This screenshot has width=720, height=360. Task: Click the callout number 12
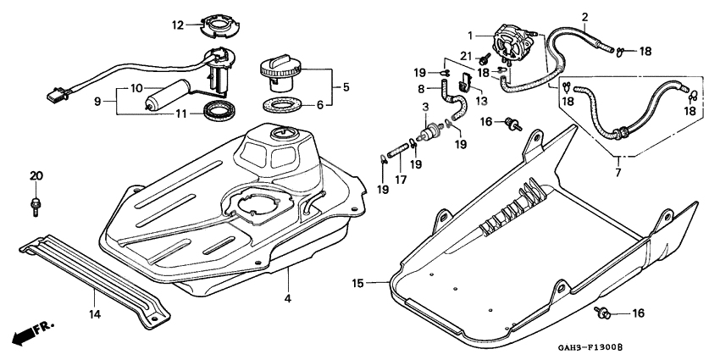tap(178, 25)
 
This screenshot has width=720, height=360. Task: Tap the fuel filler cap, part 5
tap(281, 75)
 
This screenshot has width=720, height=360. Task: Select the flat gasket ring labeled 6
tap(281, 105)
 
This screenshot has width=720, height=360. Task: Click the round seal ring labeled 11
tap(220, 111)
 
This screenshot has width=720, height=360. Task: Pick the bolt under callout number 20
tap(35, 206)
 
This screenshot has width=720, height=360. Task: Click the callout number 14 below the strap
tap(95, 314)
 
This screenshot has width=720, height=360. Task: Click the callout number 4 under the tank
tap(287, 298)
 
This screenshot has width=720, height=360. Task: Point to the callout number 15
tap(358, 283)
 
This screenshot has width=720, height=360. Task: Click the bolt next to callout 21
tap(484, 58)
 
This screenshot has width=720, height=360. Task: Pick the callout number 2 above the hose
tap(584, 18)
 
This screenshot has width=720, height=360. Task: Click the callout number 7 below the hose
tap(618, 173)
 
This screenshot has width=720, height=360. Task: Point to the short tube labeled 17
tap(398, 151)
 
